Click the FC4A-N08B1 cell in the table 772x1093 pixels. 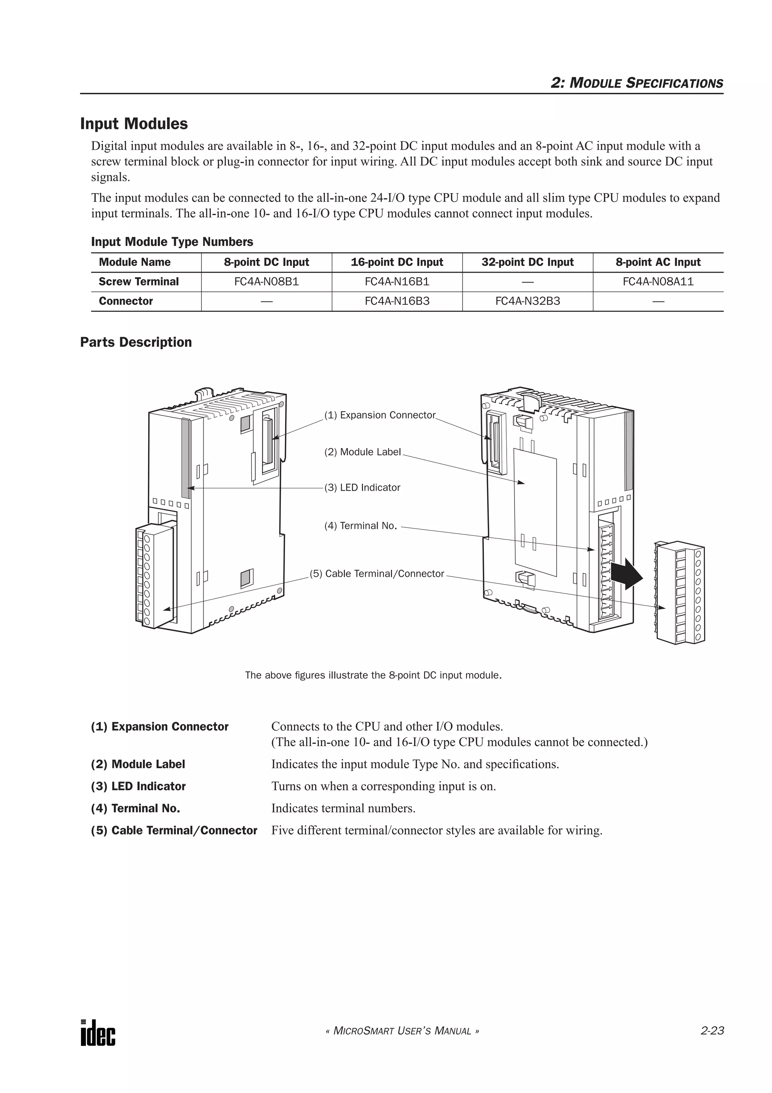267,282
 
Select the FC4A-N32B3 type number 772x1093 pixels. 527,301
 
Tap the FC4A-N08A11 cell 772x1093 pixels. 658,282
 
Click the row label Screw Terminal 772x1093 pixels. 138,282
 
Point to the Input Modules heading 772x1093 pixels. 134,124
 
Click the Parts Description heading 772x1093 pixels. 136,342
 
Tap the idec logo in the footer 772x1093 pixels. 98,1033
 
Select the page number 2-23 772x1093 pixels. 712,1031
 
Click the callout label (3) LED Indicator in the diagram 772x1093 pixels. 363,487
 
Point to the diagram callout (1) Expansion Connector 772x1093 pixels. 380,415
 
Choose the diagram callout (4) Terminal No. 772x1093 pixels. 360,526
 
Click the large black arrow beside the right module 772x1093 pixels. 626,574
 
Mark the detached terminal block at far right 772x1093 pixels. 680,592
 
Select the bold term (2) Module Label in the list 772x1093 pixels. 138,764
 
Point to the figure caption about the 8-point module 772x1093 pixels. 374,675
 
